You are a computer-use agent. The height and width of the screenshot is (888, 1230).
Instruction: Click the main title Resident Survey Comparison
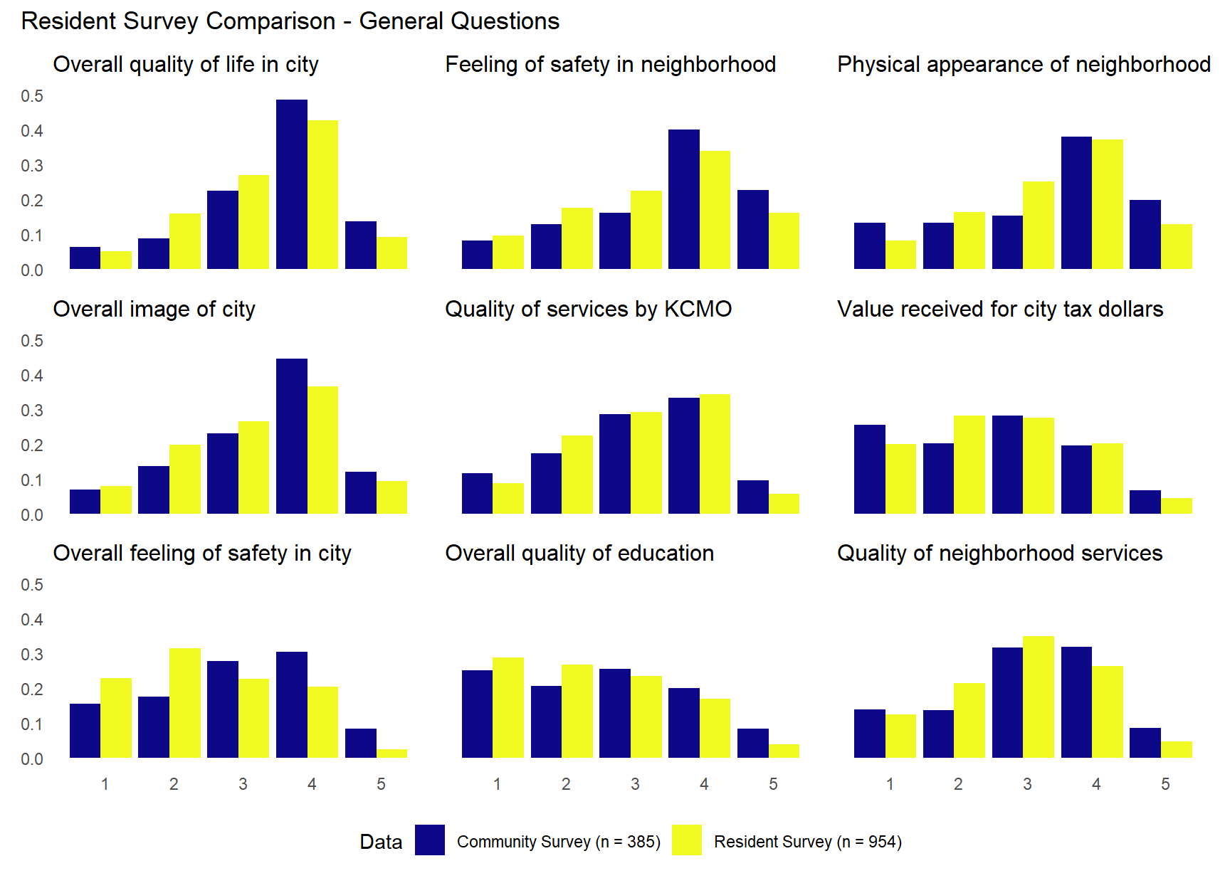click(x=290, y=21)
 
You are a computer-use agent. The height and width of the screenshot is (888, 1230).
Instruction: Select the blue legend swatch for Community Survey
click(x=430, y=840)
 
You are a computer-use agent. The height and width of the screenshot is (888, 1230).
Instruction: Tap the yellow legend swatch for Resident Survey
click(x=686, y=840)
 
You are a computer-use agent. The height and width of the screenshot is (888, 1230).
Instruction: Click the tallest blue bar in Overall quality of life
click(x=292, y=185)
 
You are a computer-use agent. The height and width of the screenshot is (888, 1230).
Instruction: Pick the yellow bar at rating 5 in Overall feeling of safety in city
click(x=392, y=754)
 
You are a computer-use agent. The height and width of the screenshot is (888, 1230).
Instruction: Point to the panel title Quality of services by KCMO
click(x=588, y=309)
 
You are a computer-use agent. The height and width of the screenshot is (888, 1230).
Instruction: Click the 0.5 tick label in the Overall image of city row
click(x=32, y=341)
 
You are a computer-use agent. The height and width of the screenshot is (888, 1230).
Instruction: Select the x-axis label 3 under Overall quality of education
click(x=635, y=784)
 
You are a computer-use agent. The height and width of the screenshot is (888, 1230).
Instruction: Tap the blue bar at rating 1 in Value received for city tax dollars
click(x=869, y=470)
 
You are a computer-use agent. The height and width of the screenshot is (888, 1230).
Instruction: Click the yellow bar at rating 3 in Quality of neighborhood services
click(x=1039, y=697)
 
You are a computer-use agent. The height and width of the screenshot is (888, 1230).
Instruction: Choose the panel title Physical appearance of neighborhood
click(x=1024, y=64)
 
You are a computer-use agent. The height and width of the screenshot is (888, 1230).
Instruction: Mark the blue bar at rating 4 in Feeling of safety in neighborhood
click(x=684, y=199)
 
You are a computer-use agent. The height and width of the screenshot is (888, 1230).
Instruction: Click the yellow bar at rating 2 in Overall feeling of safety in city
click(x=185, y=703)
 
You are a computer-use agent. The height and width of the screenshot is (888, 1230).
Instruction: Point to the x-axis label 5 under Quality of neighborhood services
click(x=1165, y=784)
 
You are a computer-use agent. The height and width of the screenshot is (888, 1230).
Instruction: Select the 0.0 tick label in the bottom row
click(x=32, y=759)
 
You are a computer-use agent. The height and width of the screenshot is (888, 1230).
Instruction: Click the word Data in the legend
click(x=381, y=842)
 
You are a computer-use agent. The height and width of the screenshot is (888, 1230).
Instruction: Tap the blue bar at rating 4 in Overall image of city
click(x=292, y=436)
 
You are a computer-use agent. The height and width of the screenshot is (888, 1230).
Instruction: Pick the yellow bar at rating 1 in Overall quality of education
click(x=508, y=708)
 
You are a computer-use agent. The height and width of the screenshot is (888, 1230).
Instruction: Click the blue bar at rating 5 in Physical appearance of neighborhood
click(x=1145, y=235)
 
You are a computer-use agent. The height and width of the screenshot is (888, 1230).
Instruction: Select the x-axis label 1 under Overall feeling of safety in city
click(x=105, y=784)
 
